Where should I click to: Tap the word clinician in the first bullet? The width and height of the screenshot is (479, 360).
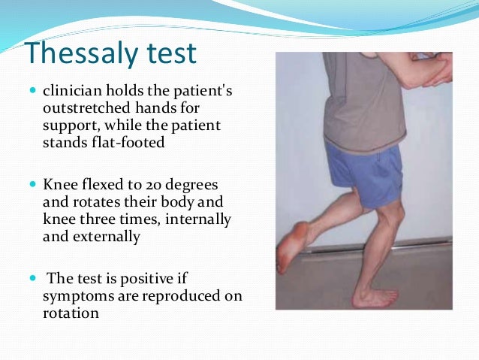74,92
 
